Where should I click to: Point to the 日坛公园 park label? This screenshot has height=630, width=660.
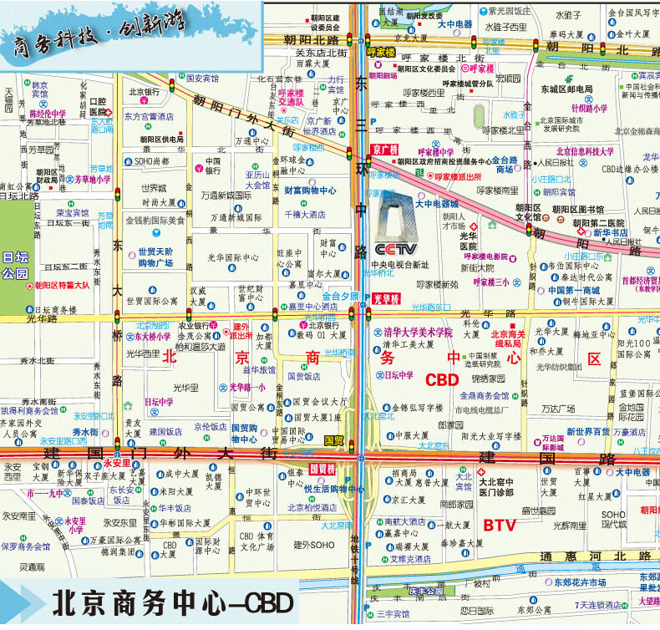tap(15, 266)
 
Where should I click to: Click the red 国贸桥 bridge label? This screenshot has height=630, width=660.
tap(322, 469)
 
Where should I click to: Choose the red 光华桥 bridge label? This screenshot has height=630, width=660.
tap(386, 298)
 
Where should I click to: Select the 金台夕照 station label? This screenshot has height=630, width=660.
tap(340, 296)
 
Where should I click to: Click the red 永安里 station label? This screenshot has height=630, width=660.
tap(116, 462)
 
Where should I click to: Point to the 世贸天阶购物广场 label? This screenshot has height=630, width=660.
tap(155, 257)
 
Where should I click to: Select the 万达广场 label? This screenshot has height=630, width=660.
tap(557, 409)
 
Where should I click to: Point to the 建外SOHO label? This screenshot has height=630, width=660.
tap(314, 545)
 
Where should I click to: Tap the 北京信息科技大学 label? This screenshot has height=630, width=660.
tap(584, 151)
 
